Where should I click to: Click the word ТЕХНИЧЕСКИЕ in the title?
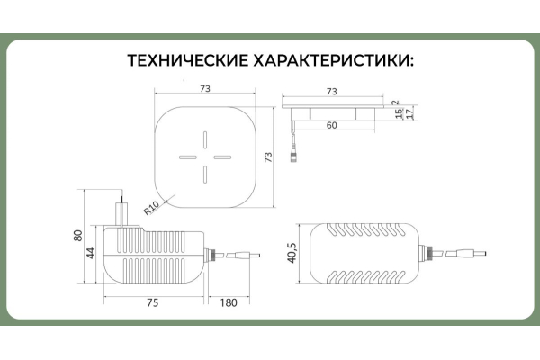coord(188,61)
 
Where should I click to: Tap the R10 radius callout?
coord(151,208)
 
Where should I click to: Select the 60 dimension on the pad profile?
coord(331,125)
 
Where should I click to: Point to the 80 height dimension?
coord(78,236)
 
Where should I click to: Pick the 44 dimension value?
coord(91,254)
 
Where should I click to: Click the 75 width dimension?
coord(153,302)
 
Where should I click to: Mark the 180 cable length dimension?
coord(229,302)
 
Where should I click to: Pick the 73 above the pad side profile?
coord(331,92)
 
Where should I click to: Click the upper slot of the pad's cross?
coord(205,139)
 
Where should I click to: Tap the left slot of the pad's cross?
coord(188,157)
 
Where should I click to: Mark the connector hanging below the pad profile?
coord(292,154)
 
